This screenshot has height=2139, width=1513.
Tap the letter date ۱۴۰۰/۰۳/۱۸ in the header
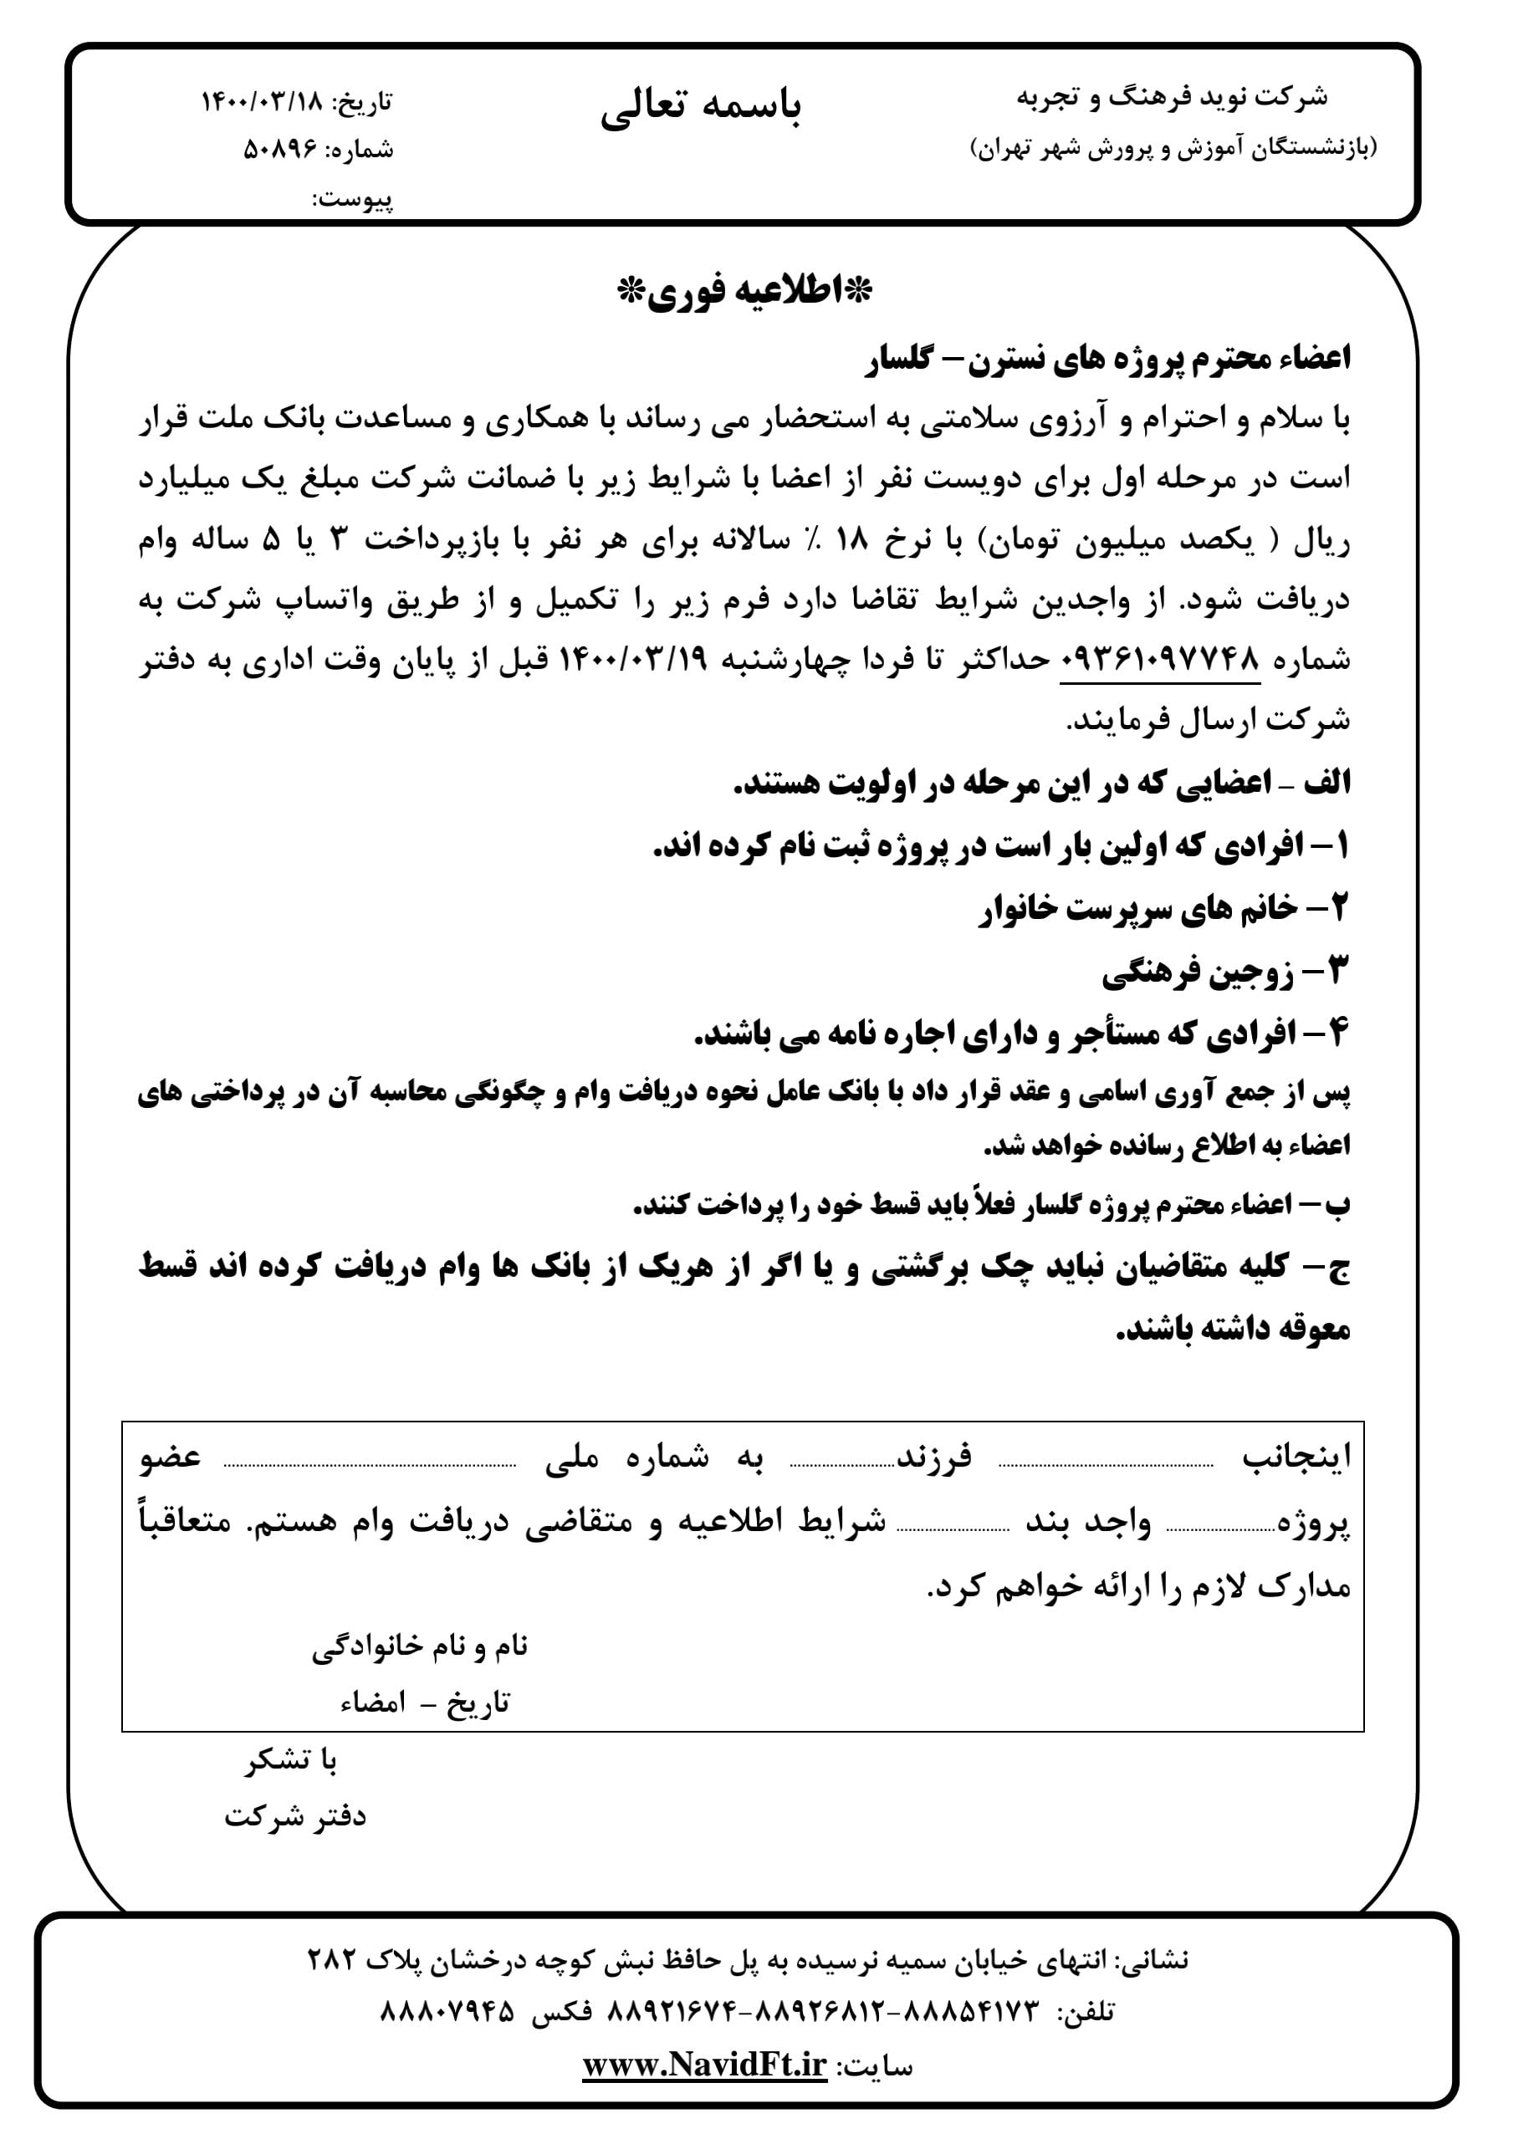click(x=260, y=101)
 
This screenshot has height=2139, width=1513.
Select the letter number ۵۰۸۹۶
click(x=280, y=150)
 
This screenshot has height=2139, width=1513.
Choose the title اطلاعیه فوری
click(x=745, y=293)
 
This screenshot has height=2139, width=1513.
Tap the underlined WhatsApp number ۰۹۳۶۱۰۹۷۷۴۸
click(x=1160, y=661)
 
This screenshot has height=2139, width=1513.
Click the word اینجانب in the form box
click(x=1295, y=1457)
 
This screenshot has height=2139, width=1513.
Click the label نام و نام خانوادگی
click(x=420, y=1646)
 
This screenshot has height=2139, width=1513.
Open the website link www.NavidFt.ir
click(x=704, y=2065)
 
